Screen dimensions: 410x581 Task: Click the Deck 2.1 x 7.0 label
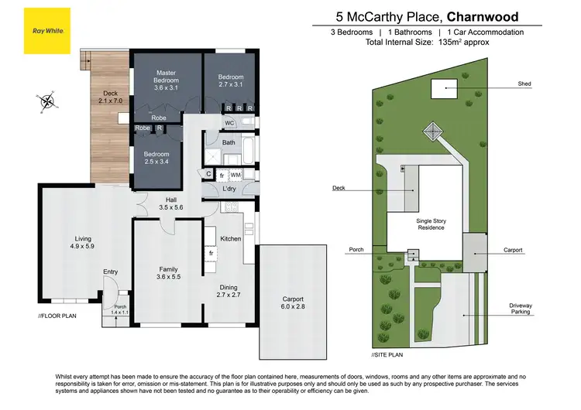click(x=106, y=97)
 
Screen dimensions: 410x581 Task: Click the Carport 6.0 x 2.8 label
click(x=287, y=302)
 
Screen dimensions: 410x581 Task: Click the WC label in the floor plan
click(x=229, y=123)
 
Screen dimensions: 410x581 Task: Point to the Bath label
click(x=229, y=142)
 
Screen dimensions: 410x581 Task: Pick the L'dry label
click(x=229, y=189)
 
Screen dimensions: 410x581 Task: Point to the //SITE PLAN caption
click(x=387, y=354)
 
